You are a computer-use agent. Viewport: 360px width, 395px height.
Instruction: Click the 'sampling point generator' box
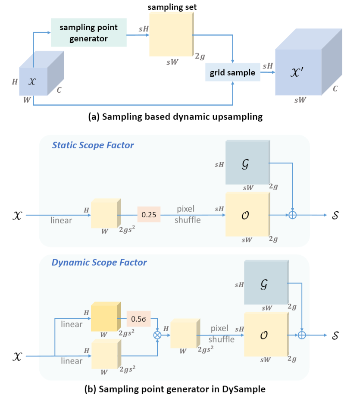(x=89, y=32)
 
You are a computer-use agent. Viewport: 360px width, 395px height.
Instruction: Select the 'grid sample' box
(x=232, y=72)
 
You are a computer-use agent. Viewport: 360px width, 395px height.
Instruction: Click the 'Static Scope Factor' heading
(x=93, y=145)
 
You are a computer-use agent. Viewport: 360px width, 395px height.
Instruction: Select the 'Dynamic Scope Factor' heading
(x=99, y=262)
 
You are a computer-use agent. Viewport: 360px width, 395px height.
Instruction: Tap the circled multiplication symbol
(x=158, y=335)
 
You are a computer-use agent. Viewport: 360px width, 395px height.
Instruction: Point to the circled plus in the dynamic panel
(x=303, y=335)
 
